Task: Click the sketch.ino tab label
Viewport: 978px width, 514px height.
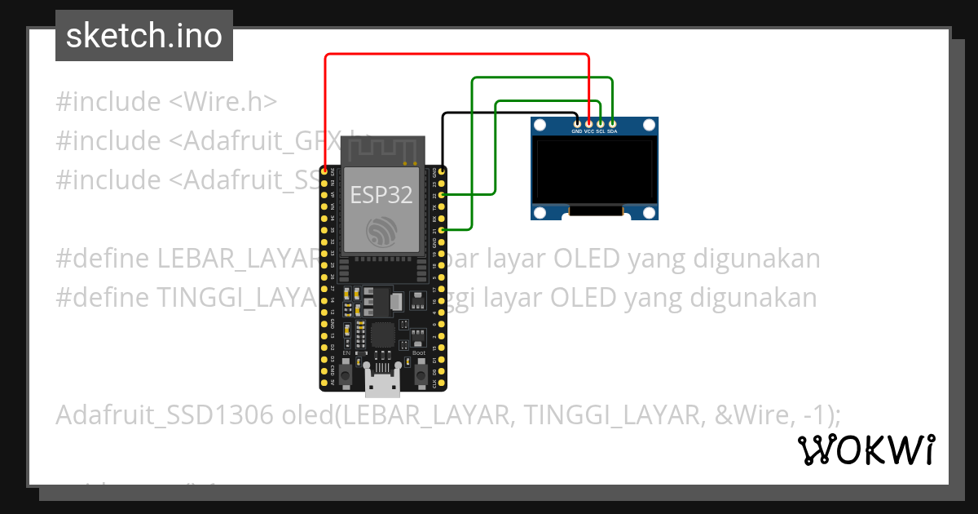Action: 144,36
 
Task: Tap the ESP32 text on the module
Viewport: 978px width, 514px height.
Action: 381,194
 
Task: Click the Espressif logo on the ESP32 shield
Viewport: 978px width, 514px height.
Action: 382,233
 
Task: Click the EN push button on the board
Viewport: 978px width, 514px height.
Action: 346,374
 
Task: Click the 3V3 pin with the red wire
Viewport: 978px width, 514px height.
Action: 324,172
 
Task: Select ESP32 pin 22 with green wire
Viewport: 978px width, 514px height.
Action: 442,196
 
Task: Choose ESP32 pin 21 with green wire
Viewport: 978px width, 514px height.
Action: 442,231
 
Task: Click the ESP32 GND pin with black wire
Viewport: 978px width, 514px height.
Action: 442,172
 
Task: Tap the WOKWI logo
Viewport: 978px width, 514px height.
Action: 866,450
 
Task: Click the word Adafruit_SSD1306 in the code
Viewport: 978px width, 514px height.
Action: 164,415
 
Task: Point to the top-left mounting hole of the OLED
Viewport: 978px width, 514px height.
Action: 540,126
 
